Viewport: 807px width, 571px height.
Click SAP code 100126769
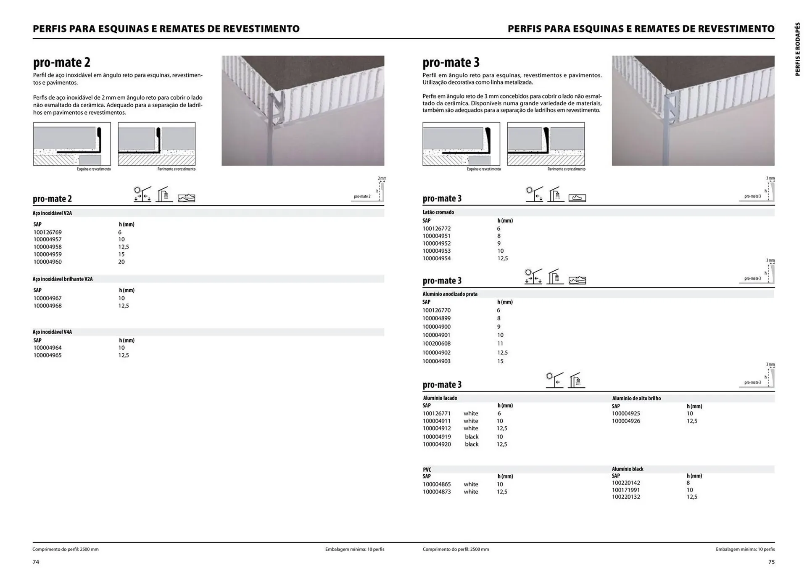(47, 232)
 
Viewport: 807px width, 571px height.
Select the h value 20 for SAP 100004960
(121, 262)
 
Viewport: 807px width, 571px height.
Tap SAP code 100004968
(47, 306)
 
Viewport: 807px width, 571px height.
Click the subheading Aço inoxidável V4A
(53, 332)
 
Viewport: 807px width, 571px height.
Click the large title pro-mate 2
(62, 62)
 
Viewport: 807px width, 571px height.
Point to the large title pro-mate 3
(451, 62)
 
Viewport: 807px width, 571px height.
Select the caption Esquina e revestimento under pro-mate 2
(94, 169)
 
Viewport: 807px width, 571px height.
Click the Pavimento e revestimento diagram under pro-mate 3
(546, 144)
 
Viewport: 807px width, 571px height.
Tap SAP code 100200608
(436, 344)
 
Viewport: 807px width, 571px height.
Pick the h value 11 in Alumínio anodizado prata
(500, 344)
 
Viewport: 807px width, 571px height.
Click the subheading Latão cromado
(438, 212)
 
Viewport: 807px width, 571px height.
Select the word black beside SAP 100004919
(472, 436)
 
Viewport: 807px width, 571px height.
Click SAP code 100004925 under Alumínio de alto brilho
(626, 413)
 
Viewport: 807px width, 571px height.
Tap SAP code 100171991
(626, 490)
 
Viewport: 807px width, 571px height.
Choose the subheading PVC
(427, 470)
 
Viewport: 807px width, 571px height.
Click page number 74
(36, 562)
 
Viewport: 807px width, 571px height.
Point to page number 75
(771, 562)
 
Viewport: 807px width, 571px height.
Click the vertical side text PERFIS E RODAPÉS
(797, 49)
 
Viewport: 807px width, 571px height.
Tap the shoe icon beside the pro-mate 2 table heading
(186, 198)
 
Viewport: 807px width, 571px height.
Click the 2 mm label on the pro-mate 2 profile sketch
(382, 178)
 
